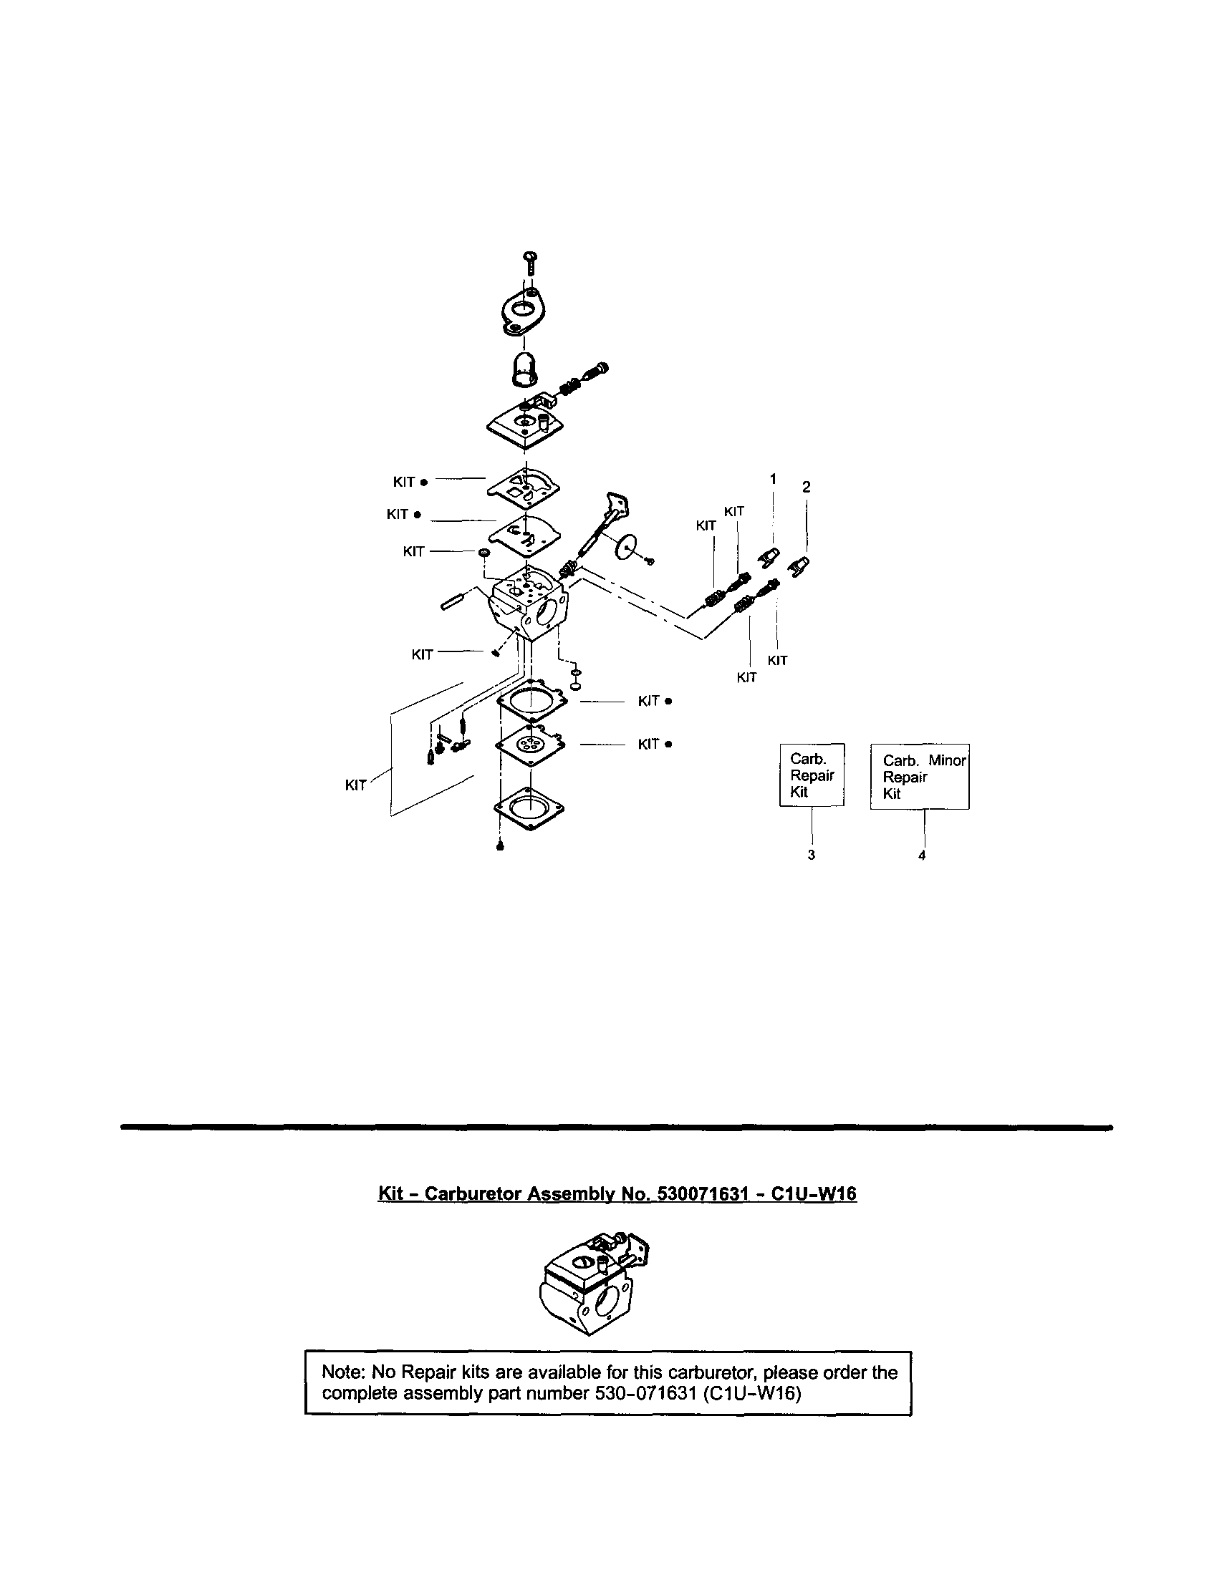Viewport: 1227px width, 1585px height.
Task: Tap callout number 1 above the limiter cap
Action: (772, 479)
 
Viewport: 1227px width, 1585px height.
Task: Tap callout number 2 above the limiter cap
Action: (806, 487)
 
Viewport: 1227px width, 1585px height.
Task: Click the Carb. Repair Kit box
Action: (812, 775)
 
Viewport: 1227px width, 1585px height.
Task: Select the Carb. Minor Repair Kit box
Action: (919, 777)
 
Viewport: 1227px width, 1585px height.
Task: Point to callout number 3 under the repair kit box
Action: (811, 855)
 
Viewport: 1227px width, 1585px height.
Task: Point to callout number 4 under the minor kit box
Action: (921, 855)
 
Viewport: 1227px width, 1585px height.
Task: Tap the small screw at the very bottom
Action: (499, 845)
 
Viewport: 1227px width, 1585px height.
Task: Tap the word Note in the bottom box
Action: (344, 1372)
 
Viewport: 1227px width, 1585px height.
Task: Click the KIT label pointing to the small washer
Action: (413, 551)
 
